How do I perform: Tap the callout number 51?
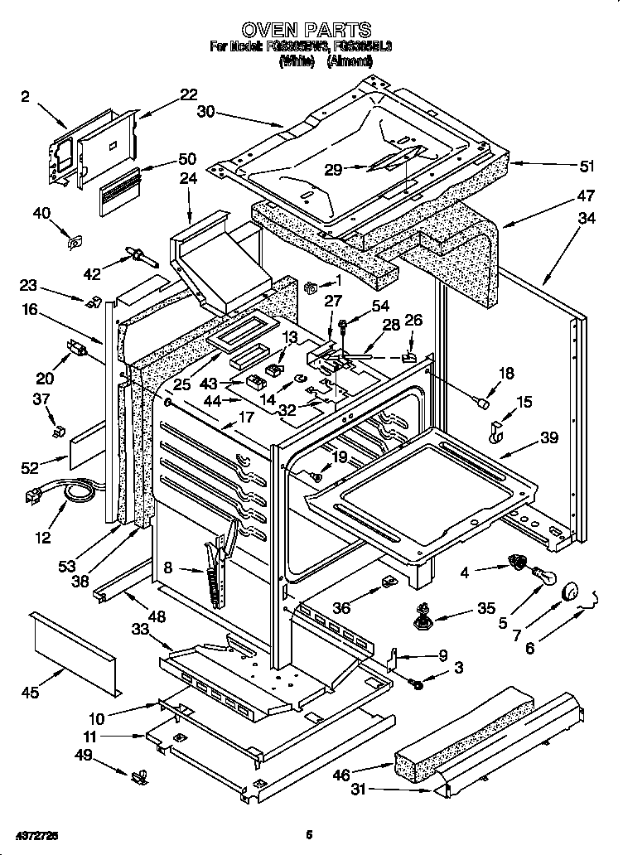coord(587,166)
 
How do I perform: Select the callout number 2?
coord(26,97)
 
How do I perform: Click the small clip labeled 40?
coord(73,244)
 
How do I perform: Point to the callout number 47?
coord(587,196)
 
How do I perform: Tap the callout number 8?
coord(168,568)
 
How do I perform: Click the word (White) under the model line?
coord(296,60)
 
